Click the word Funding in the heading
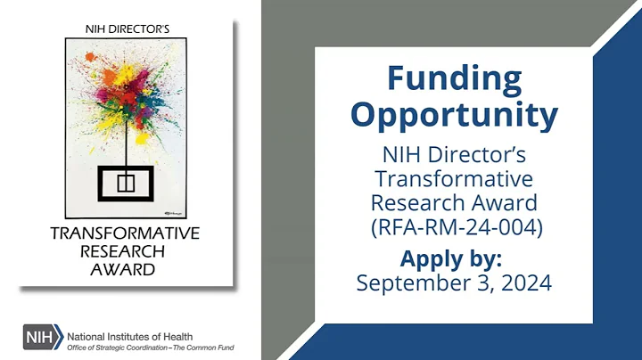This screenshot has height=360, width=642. click(454, 78)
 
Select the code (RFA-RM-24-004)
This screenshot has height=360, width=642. click(454, 226)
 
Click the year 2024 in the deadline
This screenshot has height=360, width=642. click(526, 283)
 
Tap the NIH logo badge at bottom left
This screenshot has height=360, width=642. click(42, 338)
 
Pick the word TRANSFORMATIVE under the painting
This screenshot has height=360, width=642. click(125, 234)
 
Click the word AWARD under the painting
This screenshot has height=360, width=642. click(125, 269)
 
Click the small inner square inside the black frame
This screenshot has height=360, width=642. click(124, 184)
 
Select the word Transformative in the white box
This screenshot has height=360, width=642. click(454, 176)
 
